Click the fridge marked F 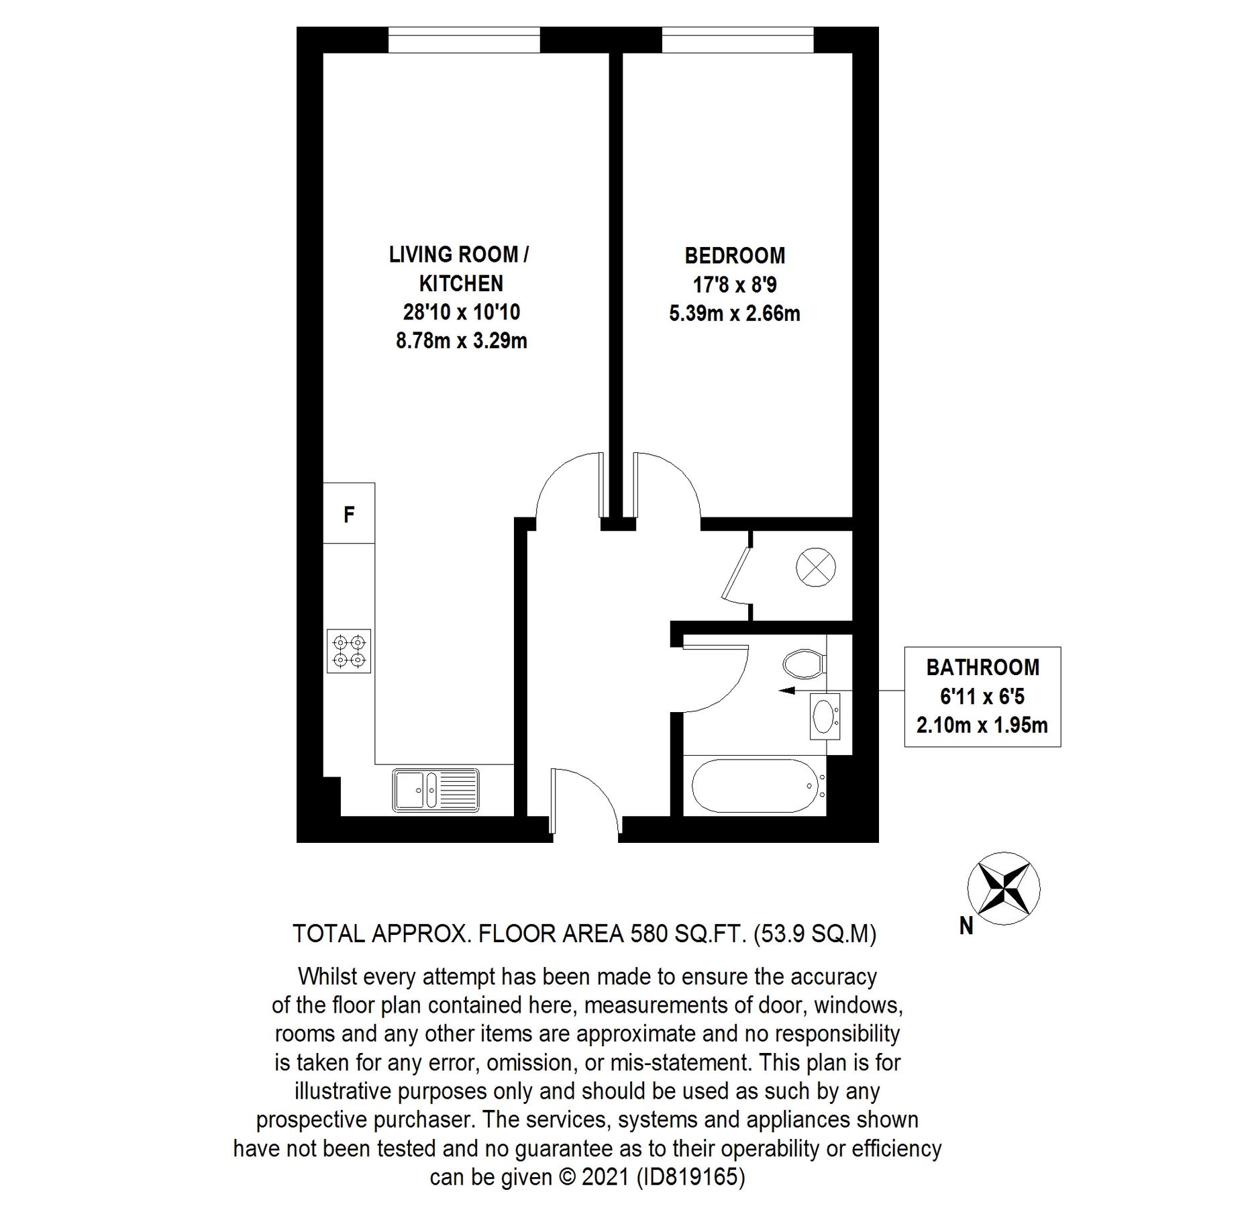pos(348,514)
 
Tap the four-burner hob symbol pos(349,651)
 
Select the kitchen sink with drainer pos(436,789)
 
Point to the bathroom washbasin pos(824,716)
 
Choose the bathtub pos(755,787)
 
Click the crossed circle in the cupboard pos(816,566)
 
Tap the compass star pos(1003,889)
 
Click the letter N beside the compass pos(966,927)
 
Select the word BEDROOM pos(735,256)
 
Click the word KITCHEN pos(461,284)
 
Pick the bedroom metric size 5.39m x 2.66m pos(735,313)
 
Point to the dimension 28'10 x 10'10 pos(462,312)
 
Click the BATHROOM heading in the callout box pos(982,667)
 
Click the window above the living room pos(464,40)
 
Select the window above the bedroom pos(737,40)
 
